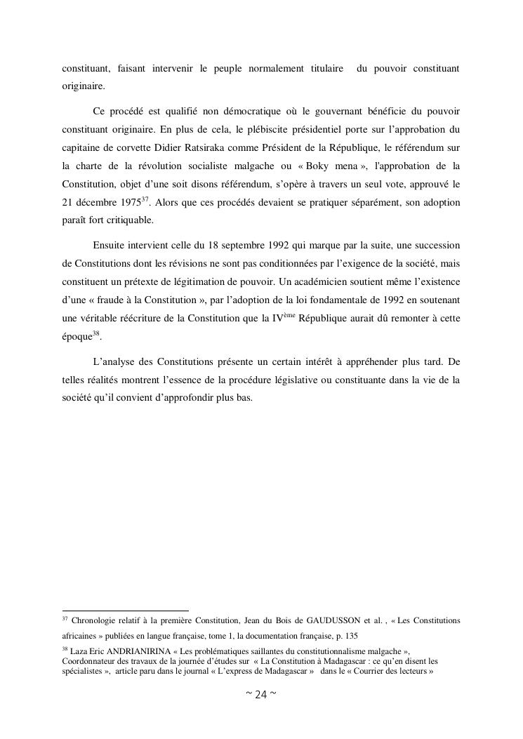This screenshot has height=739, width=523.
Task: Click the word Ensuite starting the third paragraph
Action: click(111, 246)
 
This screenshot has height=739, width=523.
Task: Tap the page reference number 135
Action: click(351, 636)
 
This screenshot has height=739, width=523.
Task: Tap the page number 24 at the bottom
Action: click(260, 695)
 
